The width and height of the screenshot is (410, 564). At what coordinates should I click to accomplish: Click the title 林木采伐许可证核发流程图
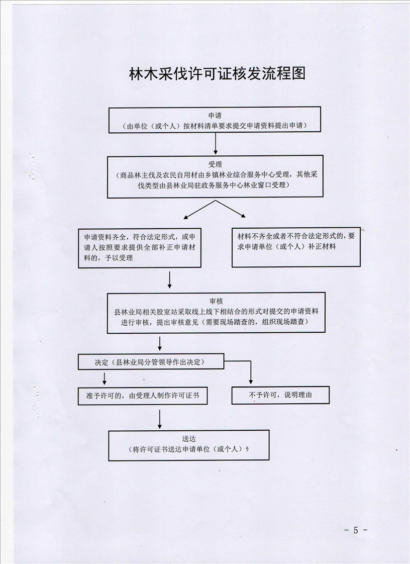pyautogui.click(x=217, y=73)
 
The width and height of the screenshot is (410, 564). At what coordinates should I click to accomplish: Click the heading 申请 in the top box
pyautogui.click(x=215, y=116)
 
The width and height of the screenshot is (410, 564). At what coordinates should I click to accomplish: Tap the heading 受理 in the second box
pyautogui.click(x=215, y=164)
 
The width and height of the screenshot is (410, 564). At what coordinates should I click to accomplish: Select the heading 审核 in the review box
pyautogui.click(x=216, y=301)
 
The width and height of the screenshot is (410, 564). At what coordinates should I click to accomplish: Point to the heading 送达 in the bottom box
pyautogui.click(x=189, y=439)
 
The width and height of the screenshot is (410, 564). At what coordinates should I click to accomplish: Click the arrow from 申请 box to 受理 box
pyautogui.click(x=215, y=143)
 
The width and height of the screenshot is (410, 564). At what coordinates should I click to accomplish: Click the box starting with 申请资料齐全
pyautogui.click(x=140, y=248)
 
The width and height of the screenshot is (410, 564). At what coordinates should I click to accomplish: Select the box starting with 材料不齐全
pyautogui.click(x=296, y=247)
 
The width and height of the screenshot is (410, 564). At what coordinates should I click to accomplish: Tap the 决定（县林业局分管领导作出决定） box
pyautogui.click(x=151, y=361)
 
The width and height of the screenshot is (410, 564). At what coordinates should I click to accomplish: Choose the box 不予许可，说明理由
pyautogui.click(x=280, y=395)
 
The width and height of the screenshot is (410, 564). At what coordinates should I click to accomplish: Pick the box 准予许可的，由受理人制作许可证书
pyautogui.click(x=143, y=396)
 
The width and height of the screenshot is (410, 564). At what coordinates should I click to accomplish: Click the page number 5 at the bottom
pyautogui.click(x=356, y=530)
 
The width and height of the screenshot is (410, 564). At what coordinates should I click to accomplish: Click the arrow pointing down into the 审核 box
pyautogui.click(x=170, y=280)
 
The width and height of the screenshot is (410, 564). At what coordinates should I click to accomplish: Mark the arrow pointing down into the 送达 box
pyautogui.click(x=160, y=419)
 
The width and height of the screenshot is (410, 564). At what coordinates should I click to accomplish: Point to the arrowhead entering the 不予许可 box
pyautogui.click(x=251, y=382)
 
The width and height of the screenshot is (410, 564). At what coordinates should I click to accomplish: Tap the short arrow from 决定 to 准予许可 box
pyautogui.click(x=105, y=378)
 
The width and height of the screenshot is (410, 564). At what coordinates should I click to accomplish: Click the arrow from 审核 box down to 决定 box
pyautogui.click(x=160, y=343)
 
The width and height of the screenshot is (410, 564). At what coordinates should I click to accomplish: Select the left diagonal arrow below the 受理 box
pyautogui.click(x=199, y=210)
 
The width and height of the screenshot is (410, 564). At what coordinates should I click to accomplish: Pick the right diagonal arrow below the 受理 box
pyautogui.click(x=231, y=209)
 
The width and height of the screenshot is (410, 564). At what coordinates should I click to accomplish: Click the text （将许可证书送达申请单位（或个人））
pyautogui.click(x=189, y=449)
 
